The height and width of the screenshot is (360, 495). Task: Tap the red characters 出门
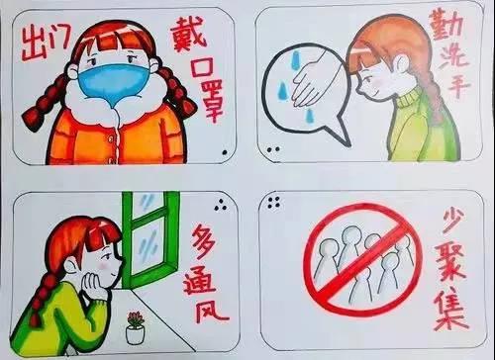tap(47, 44)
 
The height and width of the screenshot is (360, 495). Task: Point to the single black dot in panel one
tap(225, 152)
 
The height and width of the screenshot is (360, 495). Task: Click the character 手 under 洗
tap(458, 85)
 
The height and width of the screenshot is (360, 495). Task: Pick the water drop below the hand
tap(310, 116)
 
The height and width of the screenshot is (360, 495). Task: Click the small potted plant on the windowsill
tap(136, 327)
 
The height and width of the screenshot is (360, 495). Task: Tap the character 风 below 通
tap(211, 312)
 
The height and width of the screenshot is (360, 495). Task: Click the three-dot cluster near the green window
tap(221, 206)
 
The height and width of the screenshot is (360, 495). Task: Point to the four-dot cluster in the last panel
tap(274, 203)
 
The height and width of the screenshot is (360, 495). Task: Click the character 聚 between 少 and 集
tap(451, 262)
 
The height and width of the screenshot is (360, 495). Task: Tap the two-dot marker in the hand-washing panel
tap(273, 149)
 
